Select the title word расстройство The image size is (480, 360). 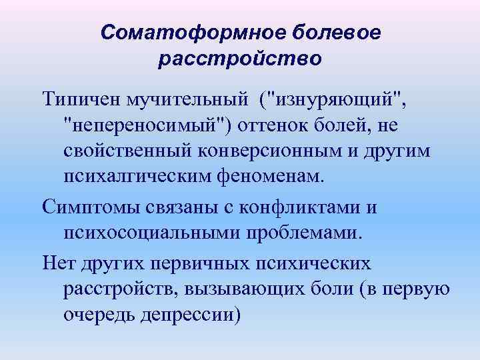[240, 59]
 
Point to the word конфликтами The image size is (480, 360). [303, 207]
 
